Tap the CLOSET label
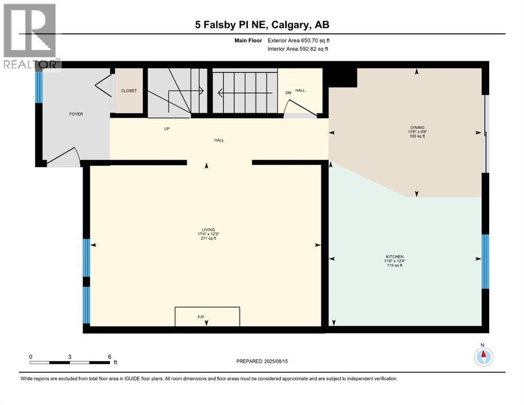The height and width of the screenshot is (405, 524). point(129,91)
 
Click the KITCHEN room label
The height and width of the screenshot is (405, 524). point(394,257)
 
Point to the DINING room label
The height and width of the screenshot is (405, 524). point(417,128)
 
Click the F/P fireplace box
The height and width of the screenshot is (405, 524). point(207,316)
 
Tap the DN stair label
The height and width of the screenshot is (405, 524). point(288,93)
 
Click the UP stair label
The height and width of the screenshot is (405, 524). point(166,129)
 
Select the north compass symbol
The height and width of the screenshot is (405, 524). point(483,357)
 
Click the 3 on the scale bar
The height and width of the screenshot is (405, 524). point(70,356)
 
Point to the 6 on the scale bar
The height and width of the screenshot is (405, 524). point(109,356)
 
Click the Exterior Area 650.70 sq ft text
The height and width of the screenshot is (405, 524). point(299,41)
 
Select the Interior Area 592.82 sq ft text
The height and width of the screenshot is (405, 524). point(298,49)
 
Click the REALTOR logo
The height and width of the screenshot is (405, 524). point(31,36)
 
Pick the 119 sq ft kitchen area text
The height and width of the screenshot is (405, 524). point(394,265)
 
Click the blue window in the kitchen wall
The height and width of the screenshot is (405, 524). point(485,262)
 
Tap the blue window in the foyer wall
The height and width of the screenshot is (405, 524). point(39,87)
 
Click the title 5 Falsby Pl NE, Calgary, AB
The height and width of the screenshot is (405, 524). point(261,25)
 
